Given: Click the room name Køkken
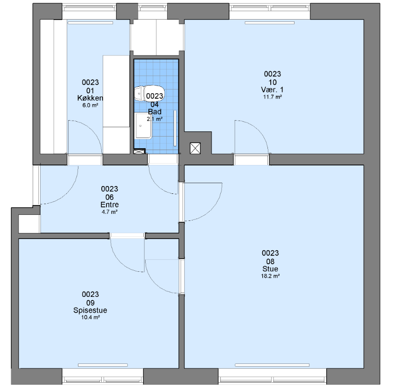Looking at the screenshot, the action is click(x=90, y=98).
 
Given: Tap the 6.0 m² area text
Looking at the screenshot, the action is click(x=90, y=105).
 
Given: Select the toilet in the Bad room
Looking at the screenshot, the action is click(x=149, y=93).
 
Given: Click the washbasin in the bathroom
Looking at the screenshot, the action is click(x=143, y=126).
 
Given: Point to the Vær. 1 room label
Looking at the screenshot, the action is click(x=273, y=89).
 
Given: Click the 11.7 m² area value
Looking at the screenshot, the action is click(x=273, y=97).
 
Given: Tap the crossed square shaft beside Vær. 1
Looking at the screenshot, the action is click(x=195, y=148).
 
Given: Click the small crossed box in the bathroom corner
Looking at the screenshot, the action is click(x=140, y=151).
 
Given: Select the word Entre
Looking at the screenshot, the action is click(x=110, y=205).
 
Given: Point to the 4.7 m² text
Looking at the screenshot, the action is click(x=110, y=212).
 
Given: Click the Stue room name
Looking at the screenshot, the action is click(x=270, y=269).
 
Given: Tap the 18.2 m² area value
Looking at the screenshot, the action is click(x=270, y=276).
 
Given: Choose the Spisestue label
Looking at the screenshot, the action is click(x=90, y=310).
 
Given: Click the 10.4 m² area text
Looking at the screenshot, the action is click(x=90, y=317).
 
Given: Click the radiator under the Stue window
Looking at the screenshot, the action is click(x=272, y=365).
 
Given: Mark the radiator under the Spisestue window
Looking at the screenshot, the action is click(x=103, y=365).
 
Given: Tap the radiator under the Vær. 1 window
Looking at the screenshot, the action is click(x=269, y=23).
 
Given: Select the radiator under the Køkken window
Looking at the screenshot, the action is click(x=90, y=23).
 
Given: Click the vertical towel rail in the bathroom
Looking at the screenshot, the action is click(x=175, y=128).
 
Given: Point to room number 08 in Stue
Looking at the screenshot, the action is click(x=270, y=261).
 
